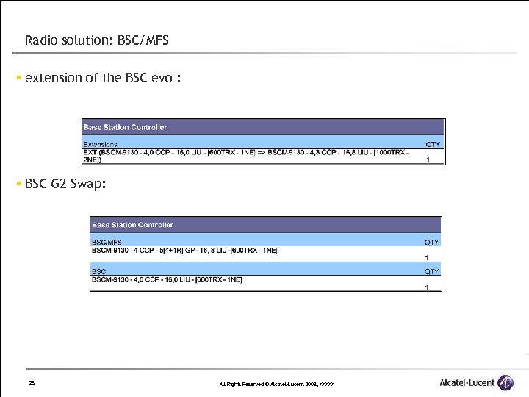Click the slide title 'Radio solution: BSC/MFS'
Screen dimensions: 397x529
click(96, 40)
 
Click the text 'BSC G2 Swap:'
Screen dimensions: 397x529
click(65, 184)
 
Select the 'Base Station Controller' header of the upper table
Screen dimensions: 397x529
click(125, 127)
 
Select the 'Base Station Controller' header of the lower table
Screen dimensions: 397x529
click(132, 224)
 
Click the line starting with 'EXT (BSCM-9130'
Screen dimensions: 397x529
click(242, 152)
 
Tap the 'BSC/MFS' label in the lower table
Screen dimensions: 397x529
click(107, 242)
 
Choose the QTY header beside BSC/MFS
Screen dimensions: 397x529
click(431, 242)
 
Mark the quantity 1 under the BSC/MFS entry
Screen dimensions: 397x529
click(427, 258)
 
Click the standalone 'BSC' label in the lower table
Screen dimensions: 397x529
click(98, 272)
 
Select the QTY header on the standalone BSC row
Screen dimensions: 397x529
click(431, 272)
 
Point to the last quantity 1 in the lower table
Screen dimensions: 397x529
click(427, 287)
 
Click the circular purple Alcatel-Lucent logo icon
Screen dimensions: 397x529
click(505, 383)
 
